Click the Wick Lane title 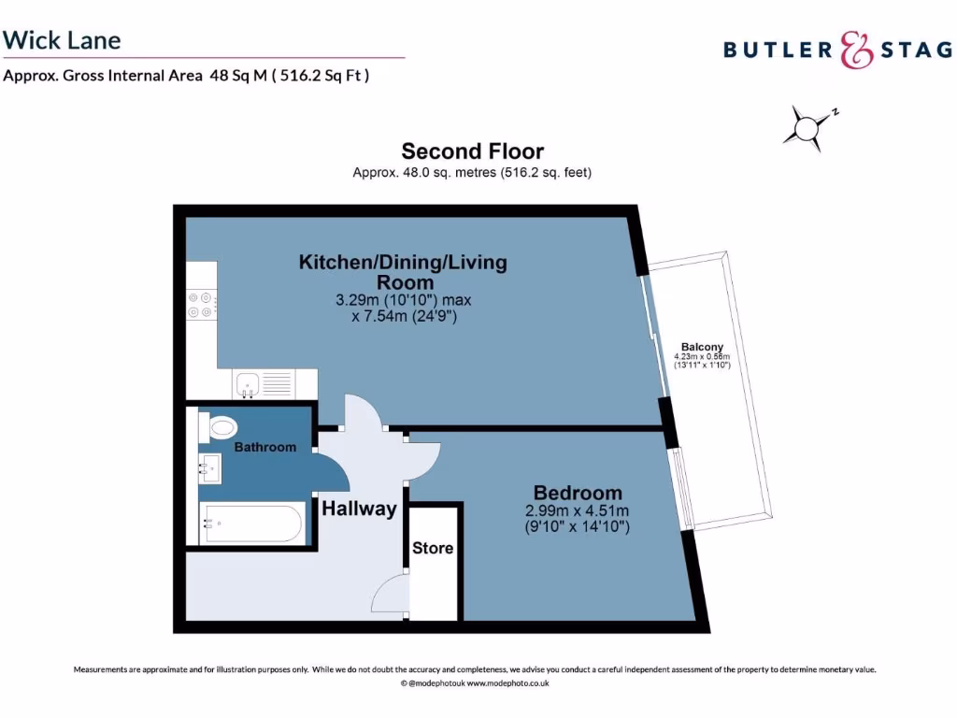62,40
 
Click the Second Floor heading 472,151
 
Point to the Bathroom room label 264,448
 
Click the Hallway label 359,510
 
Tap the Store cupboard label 433,548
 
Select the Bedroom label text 577,493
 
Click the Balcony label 702,347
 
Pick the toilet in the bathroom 221,428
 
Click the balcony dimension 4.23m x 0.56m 702,361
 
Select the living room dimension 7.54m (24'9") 403,317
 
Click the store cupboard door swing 391,595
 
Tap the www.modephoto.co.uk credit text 507,683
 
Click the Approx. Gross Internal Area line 186,76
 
